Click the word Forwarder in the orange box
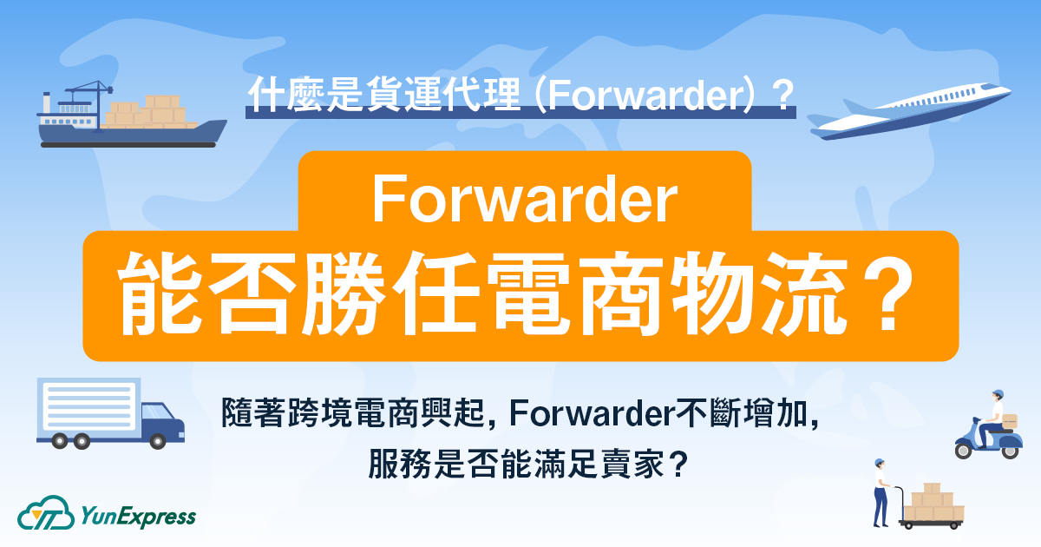click(524, 201)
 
